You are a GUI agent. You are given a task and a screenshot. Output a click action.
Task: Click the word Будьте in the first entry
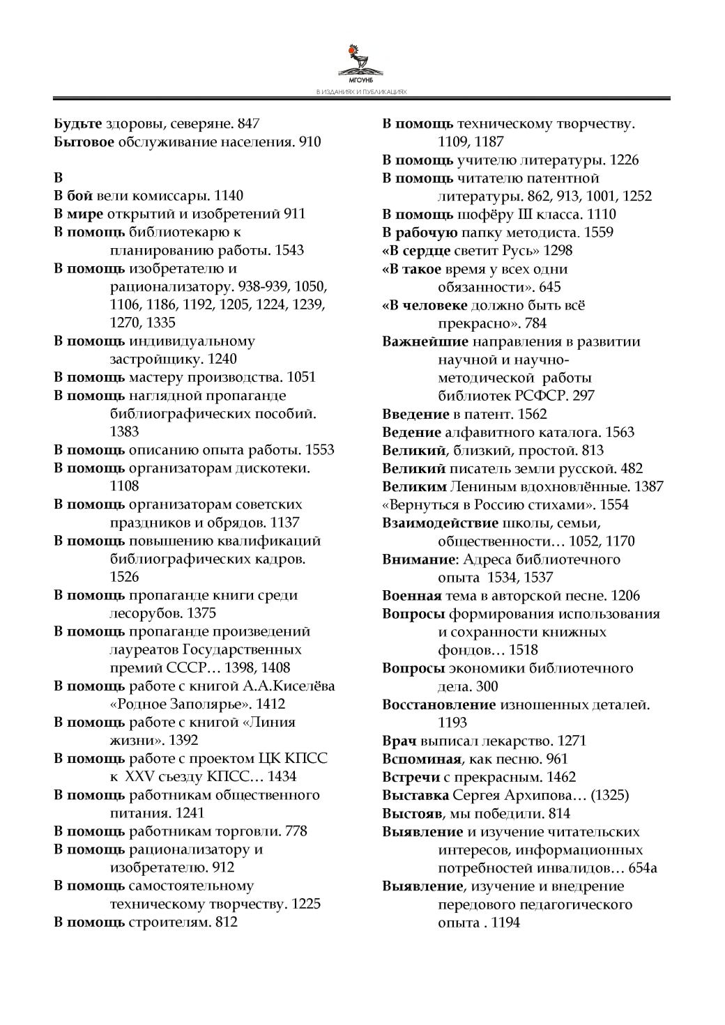tap(78, 124)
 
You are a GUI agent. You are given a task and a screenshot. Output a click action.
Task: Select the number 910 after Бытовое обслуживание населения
tap(310, 142)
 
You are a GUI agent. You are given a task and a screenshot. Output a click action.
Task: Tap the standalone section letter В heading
tap(59, 178)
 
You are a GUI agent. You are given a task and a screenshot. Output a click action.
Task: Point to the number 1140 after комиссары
tap(229, 196)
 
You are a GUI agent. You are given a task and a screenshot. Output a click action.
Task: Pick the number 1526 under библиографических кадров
tap(125, 577)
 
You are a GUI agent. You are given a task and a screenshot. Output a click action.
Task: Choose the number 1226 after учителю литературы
tap(624, 160)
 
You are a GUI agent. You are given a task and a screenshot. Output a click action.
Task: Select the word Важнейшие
tap(425, 341)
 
